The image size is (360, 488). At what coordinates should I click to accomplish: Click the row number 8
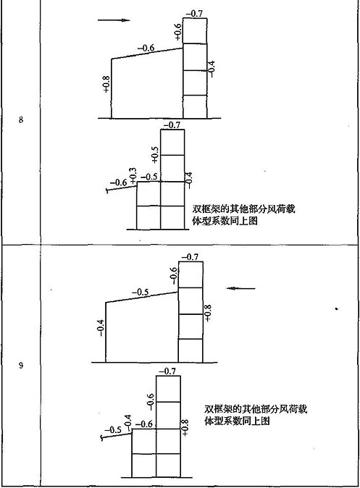pyautogui.click(x=21, y=119)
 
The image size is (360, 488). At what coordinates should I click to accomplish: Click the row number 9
pyautogui.click(x=21, y=365)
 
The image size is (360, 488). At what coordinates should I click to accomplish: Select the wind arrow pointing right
pyautogui.click(x=114, y=20)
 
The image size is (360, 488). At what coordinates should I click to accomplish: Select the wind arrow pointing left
pyautogui.click(x=241, y=288)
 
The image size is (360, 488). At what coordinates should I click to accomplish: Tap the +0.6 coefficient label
pyautogui.click(x=177, y=32)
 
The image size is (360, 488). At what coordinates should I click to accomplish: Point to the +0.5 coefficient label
pyautogui.click(x=155, y=155)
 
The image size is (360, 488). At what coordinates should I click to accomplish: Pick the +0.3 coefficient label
pyautogui.click(x=133, y=175)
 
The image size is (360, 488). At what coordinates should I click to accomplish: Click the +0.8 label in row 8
pyautogui.click(x=106, y=84)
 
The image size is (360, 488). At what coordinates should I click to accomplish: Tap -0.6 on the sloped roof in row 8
pyautogui.click(x=146, y=49)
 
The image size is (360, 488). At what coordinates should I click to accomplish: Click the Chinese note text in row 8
pyautogui.click(x=244, y=215)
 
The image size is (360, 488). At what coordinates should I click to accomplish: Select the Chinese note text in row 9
pyautogui.click(x=256, y=415)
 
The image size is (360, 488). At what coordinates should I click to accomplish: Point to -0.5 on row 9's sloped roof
pyautogui.click(x=140, y=293)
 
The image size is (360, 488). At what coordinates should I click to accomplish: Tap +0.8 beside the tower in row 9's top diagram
pyautogui.click(x=208, y=313)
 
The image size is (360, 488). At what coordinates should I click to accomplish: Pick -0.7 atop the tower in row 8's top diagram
pyautogui.click(x=194, y=14)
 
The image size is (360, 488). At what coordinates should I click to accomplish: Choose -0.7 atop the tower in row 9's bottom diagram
pyautogui.click(x=167, y=371)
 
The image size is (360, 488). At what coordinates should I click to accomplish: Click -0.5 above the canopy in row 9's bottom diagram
pyautogui.click(x=113, y=430)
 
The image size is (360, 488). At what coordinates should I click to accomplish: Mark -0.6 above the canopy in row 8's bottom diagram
pyautogui.click(x=118, y=182)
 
